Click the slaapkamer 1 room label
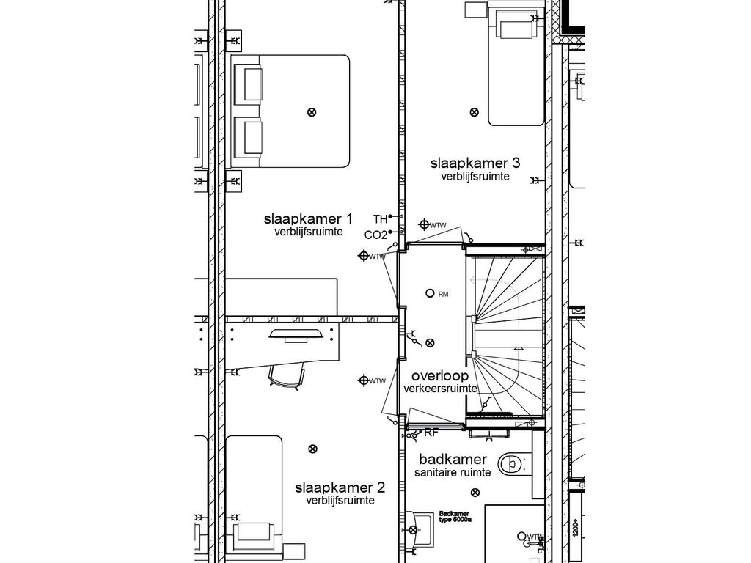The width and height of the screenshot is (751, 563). pos(308,219)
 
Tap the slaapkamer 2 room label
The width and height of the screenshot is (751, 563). pos(340,487)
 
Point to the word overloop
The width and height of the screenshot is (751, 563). pos(440,375)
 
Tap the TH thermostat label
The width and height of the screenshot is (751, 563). pos(380,219)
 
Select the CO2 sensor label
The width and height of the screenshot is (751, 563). pos(375,235)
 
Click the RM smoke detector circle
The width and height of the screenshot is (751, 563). pos(430,293)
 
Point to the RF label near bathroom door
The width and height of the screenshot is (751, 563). pos(431,433)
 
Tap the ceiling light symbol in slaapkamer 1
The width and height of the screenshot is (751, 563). pos(312,112)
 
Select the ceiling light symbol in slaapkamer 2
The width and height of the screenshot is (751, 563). pos(313,449)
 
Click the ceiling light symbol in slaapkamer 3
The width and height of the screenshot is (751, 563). pos(474,112)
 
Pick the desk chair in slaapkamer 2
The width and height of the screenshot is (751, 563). pos(287,375)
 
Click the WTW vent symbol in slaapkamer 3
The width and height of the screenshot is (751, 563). pos(424,224)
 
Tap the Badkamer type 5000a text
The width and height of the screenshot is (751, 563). pos(455,517)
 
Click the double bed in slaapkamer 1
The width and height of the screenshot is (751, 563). pos(293,111)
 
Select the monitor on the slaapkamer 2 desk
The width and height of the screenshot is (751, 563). pos(298,335)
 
